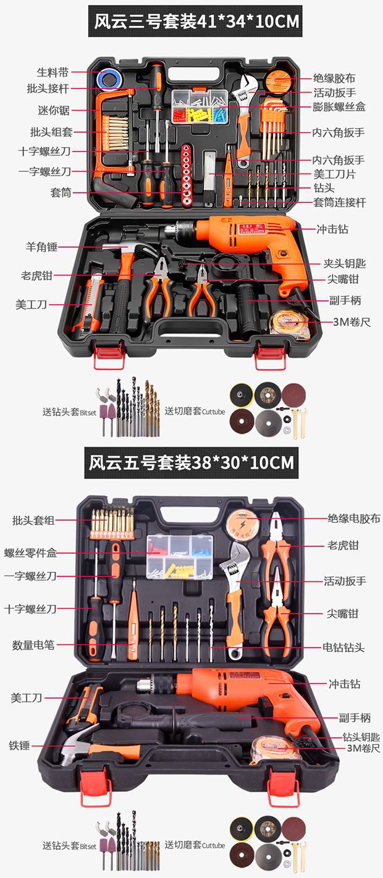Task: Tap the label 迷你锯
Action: (52, 111)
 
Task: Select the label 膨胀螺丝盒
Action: (339, 107)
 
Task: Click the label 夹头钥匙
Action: (345, 263)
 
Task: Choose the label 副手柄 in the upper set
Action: (345, 300)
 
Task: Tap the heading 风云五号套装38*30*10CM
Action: (190, 462)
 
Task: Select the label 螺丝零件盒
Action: (30, 553)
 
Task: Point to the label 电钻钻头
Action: (343, 648)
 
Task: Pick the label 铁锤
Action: (19, 746)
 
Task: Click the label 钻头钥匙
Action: (361, 737)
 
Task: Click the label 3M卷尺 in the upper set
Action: (351, 322)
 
